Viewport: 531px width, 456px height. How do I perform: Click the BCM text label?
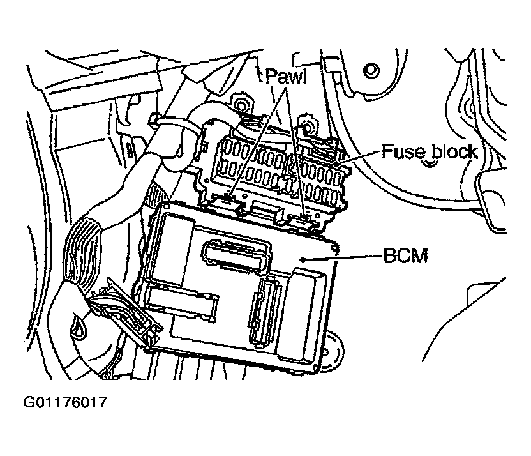point(405,257)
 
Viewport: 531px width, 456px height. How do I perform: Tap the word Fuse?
point(401,152)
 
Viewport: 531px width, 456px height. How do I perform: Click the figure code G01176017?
point(64,403)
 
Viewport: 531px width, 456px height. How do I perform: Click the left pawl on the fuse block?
point(228,199)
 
